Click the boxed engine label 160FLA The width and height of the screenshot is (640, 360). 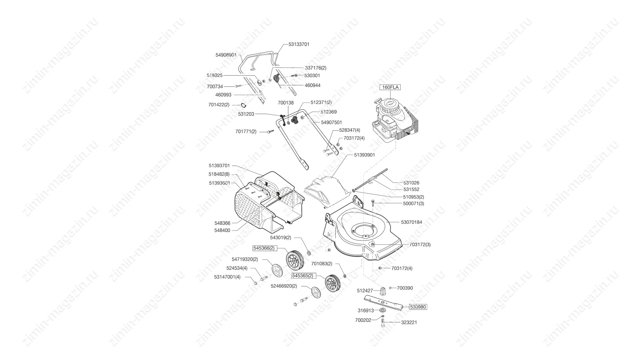pyautogui.click(x=390, y=87)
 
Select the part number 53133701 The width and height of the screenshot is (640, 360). pyautogui.click(x=299, y=44)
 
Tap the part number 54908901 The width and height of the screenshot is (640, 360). pyautogui.click(x=226, y=55)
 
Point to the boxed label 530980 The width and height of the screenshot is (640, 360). pyautogui.click(x=418, y=307)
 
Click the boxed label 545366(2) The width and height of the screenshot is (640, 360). pyautogui.click(x=264, y=248)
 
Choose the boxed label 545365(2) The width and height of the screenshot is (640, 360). pyautogui.click(x=303, y=276)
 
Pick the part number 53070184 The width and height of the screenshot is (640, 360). pyautogui.click(x=411, y=222)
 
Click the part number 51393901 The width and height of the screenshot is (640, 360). pyautogui.click(x=364, y=155)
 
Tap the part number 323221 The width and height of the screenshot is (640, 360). pyautogui.click(x=409, y=322)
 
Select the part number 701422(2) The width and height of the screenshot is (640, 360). pyautogui.click(x=219, y=105)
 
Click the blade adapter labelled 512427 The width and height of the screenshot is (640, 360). pyautogui.click(x=383, y=290)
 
